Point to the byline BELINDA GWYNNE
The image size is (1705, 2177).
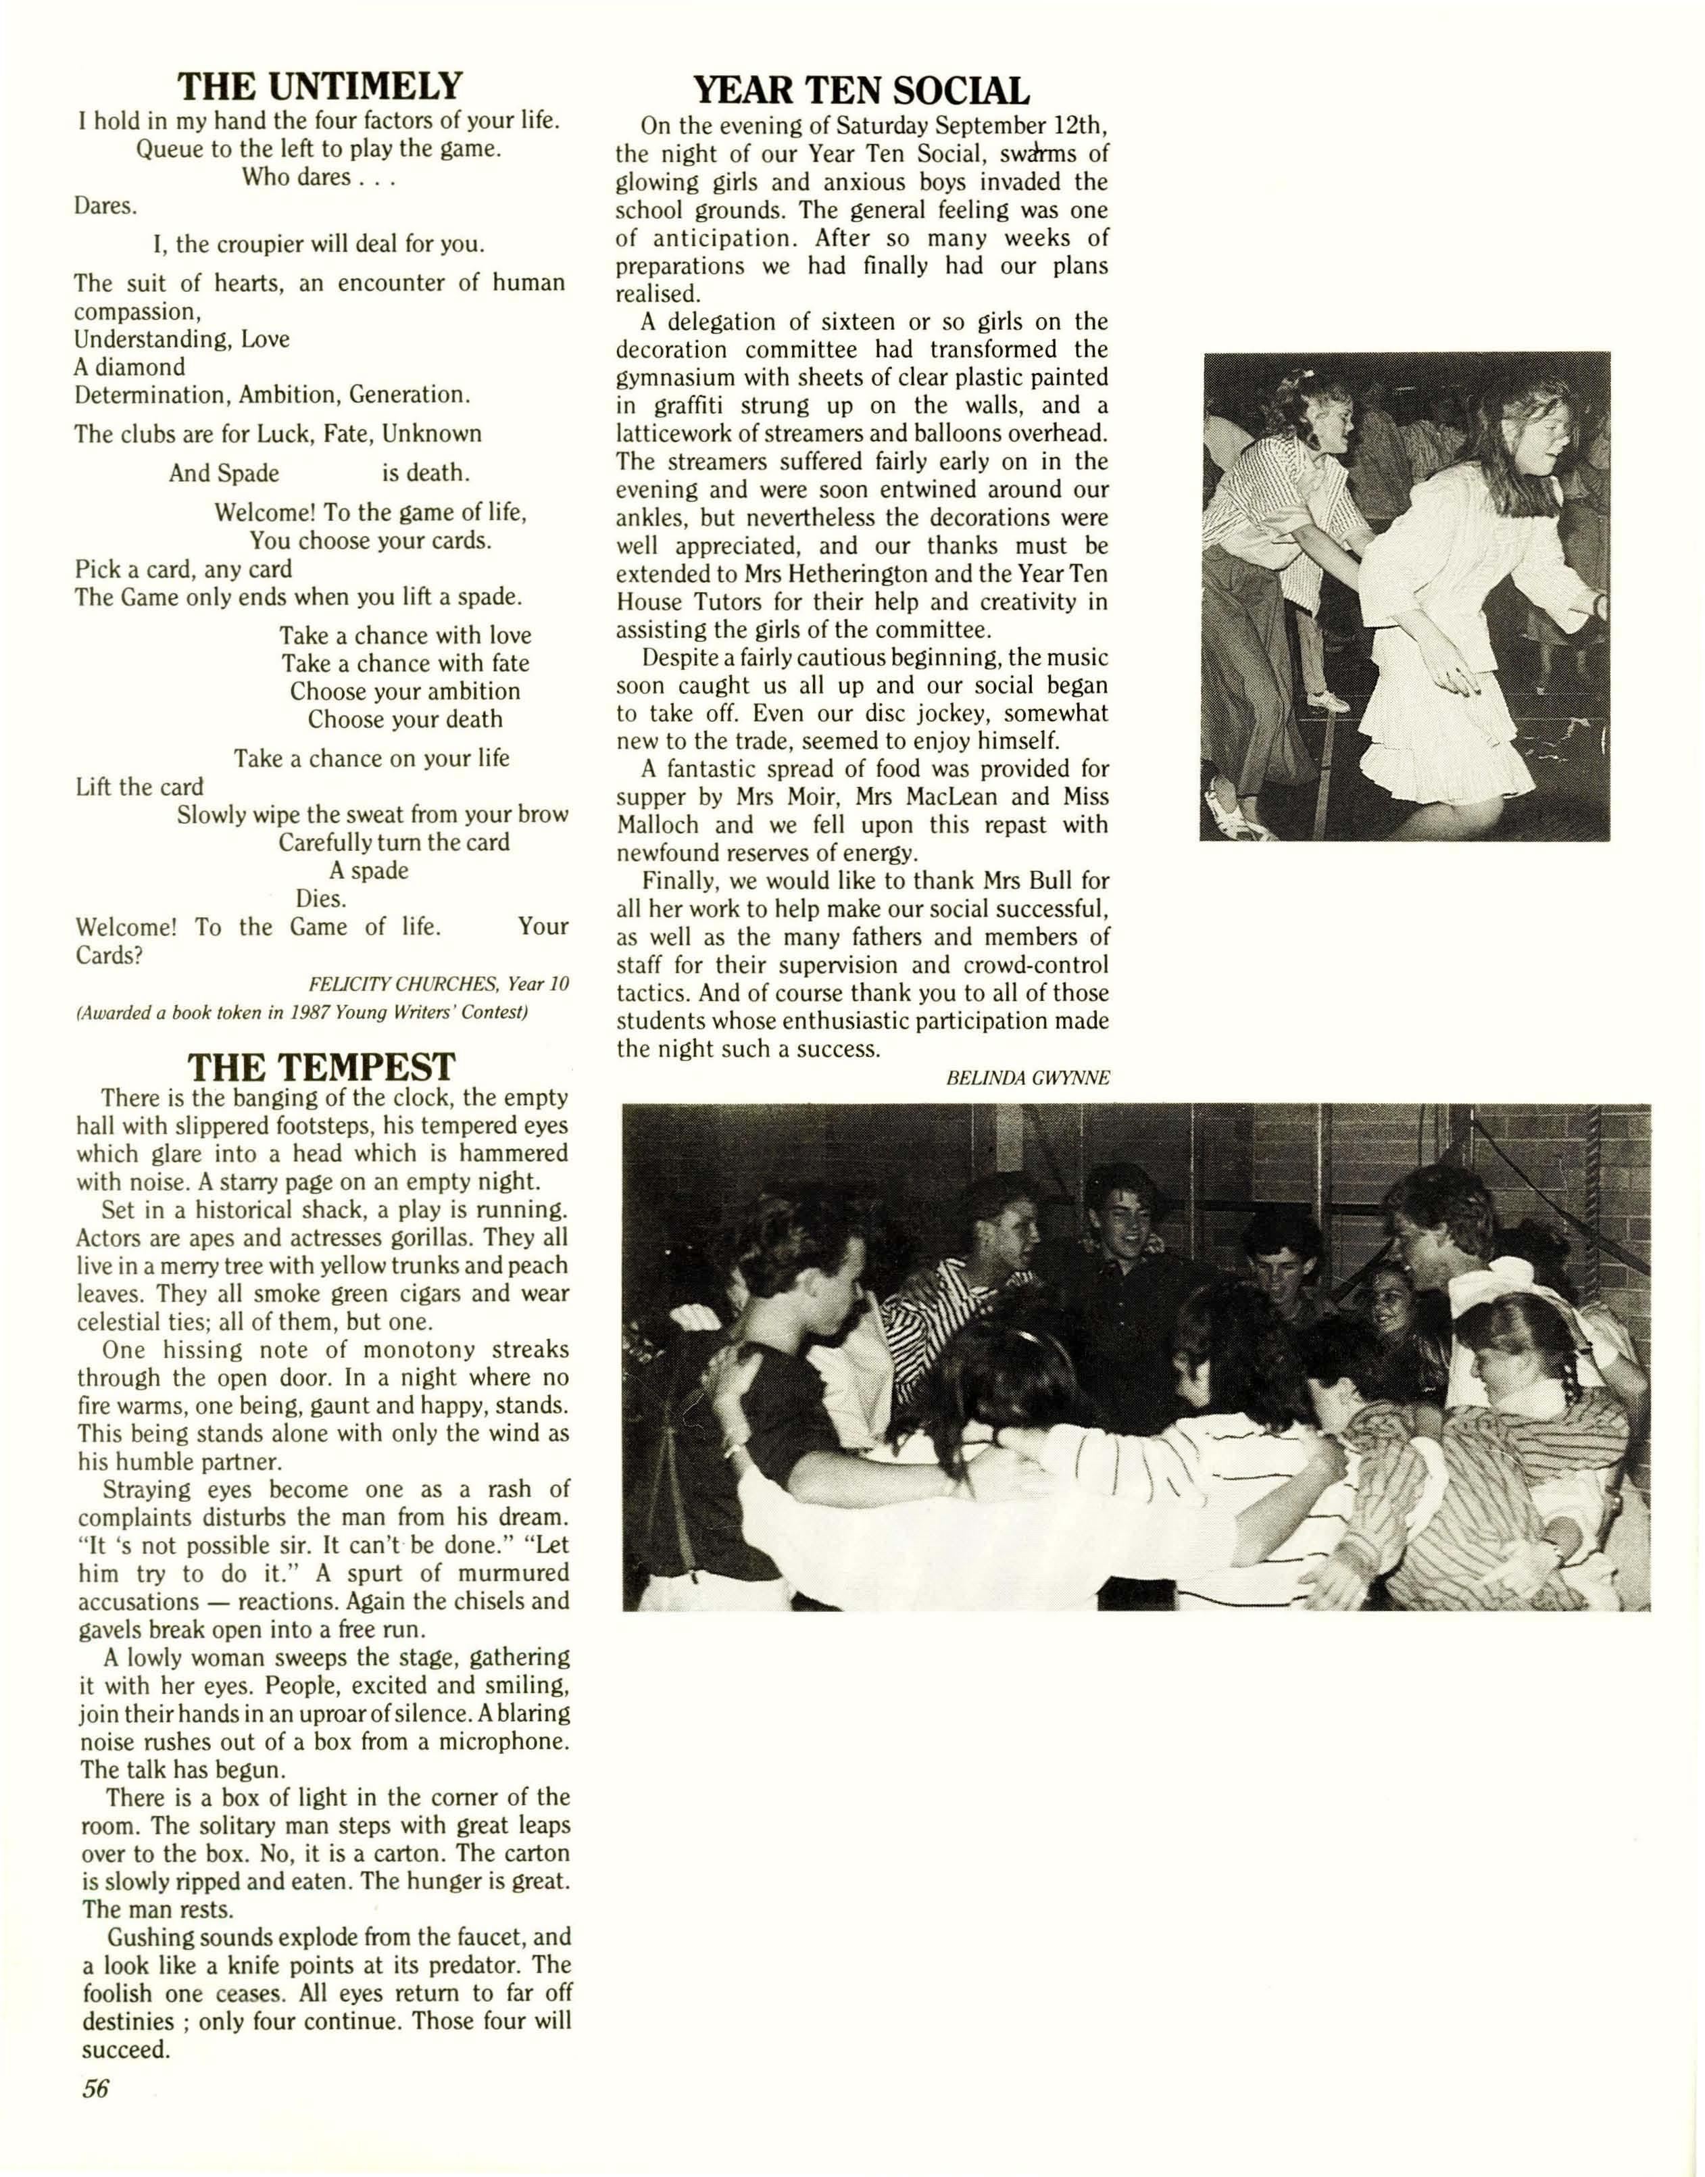tap(1027, 1077)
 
